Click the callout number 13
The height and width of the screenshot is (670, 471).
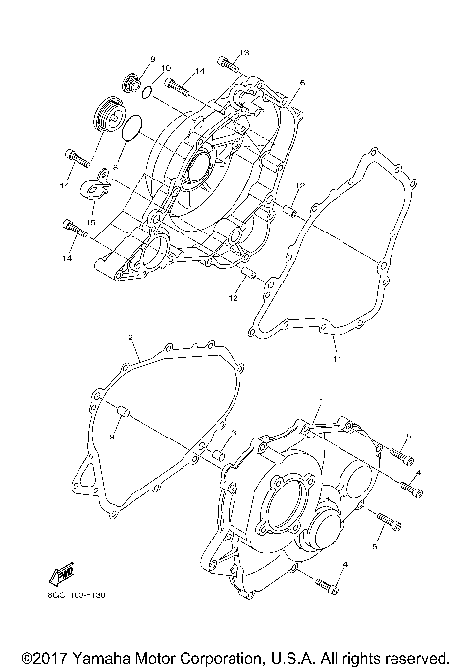(x=245, y=51)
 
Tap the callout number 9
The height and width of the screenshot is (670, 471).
(x=153, y=61)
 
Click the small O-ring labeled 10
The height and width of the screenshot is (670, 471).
(x=145, y=95)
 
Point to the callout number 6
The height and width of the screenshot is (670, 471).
(x=302, y=84)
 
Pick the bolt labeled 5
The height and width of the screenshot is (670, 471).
(x=384, y=521)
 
